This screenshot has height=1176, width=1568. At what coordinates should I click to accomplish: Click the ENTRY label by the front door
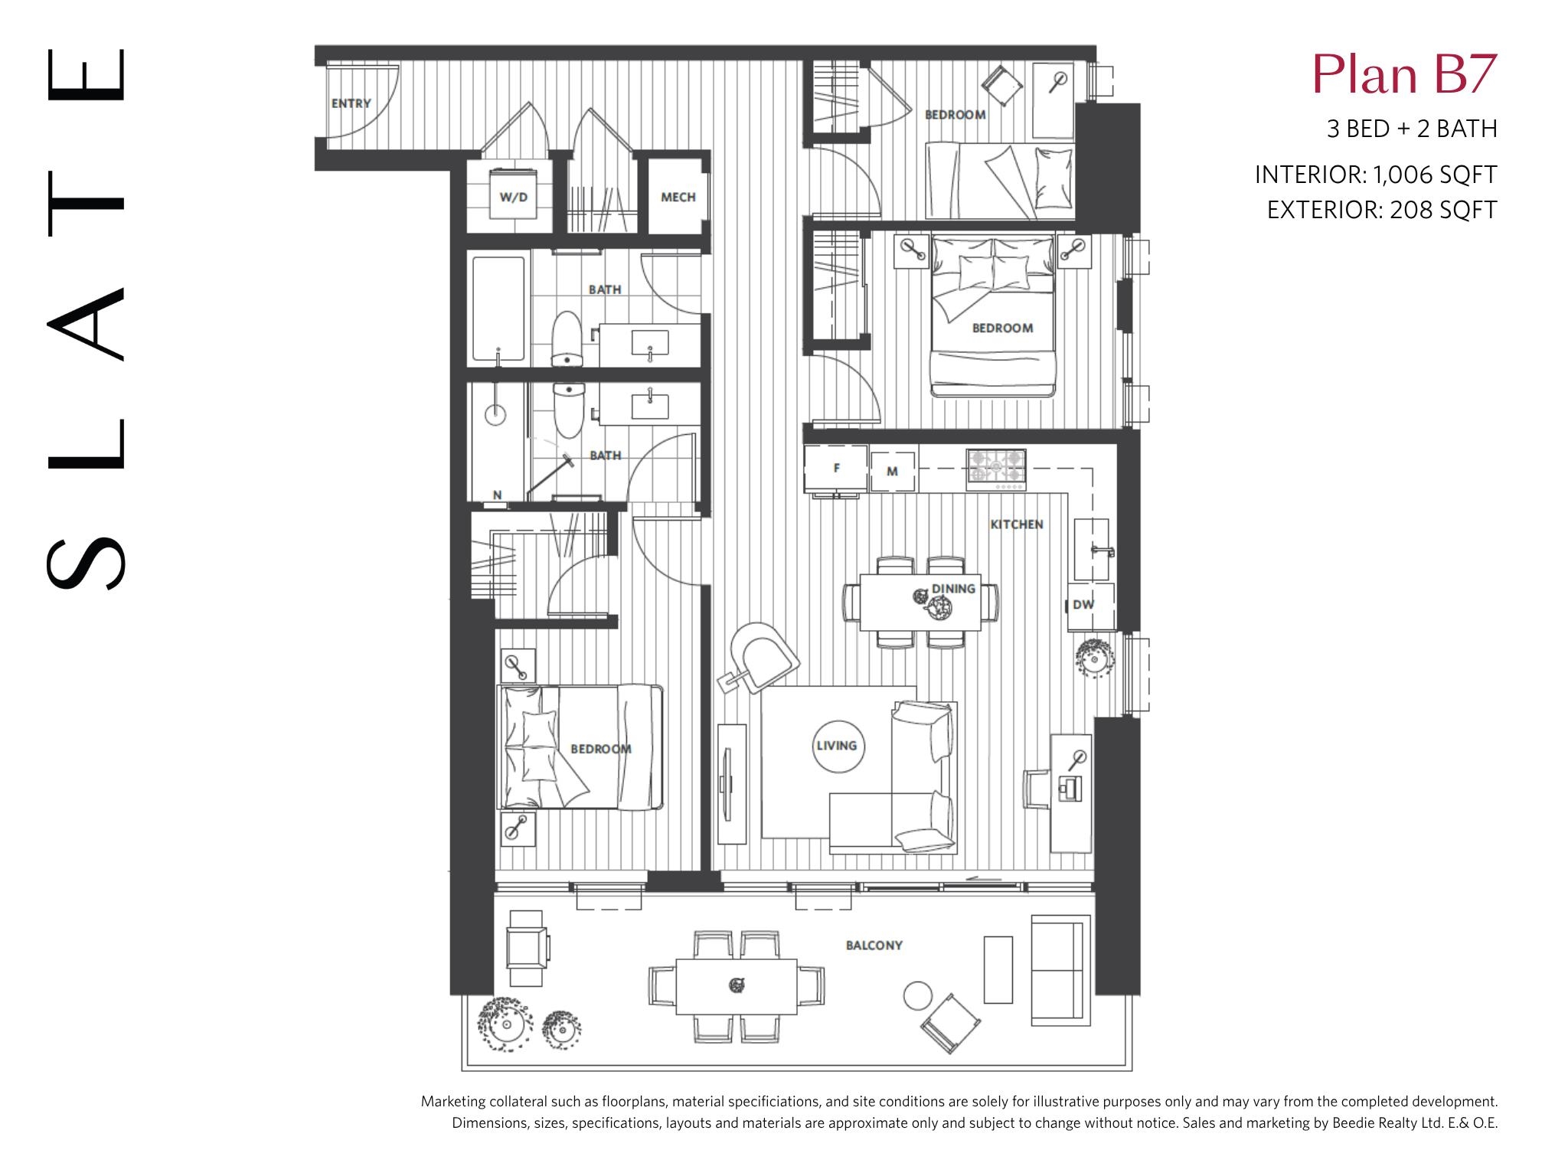click(351, 103)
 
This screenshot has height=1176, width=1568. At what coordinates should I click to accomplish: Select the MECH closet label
click(678, 197)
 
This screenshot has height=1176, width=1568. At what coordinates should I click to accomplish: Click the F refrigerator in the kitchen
click(836, 469)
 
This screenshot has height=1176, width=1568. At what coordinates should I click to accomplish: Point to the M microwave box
click(892, 471)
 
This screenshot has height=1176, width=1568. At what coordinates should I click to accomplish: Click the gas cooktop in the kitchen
click(996, 469)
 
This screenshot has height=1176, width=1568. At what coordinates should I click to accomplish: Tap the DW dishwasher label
click(1083, 604)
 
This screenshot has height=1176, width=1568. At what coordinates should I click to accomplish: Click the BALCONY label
click(874, 945)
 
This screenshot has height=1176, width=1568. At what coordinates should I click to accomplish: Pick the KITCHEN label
click(1017, 524)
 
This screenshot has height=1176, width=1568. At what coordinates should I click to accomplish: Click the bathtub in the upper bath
click(498, 308)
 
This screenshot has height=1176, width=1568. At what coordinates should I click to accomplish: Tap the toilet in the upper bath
click(567, 338)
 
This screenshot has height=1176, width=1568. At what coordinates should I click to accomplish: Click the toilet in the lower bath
click(568, 410)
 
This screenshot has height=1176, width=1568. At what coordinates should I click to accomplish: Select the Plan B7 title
click(1404, 74)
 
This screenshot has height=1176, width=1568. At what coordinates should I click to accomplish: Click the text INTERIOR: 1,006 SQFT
click(1376, 175)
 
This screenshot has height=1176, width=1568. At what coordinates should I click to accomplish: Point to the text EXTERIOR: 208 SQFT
click(1382, 209)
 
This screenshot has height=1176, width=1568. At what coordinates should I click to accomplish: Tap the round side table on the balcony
click(918, 995)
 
